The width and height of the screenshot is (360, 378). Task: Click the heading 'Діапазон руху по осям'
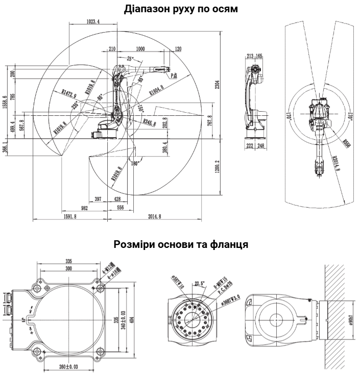pyautogui.click(x=181, y=9)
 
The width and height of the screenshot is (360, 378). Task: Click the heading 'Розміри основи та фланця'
pyautogui.click(x=180, y=244)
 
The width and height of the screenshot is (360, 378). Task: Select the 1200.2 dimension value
pyautogui.click(x=217, y=166)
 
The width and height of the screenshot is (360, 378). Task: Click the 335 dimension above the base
pyautogui.click(x=65, y=261)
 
